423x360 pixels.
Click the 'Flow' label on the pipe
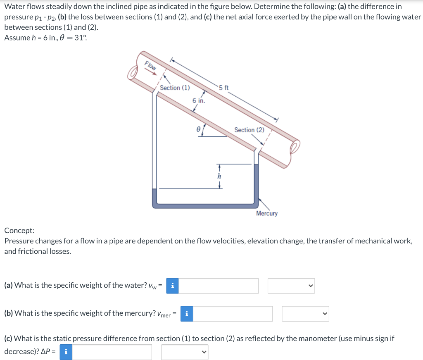pos(150,65)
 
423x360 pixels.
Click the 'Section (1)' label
pos(175,88)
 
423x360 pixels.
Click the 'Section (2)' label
pos(249,130)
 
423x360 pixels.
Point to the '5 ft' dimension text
pos(224,88)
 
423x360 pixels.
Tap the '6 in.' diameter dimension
pos(199,100)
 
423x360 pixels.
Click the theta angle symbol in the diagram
pos(198,129)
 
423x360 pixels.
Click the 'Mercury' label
pos(267,213)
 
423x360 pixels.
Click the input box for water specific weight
pos(219,286)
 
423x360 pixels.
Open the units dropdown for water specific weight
pos(291,286)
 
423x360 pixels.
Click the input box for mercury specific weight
pos(233,314)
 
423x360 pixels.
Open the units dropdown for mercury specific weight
pos(305,314)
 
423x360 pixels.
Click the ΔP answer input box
pos(112,352)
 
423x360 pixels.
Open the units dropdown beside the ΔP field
pos(185,352)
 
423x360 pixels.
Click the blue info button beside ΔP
pos(66,352)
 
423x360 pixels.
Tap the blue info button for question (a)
pos(173,286)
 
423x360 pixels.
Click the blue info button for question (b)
pos(187,314)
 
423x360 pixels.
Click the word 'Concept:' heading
pos(19,231)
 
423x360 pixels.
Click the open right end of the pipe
pos(295,147)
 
